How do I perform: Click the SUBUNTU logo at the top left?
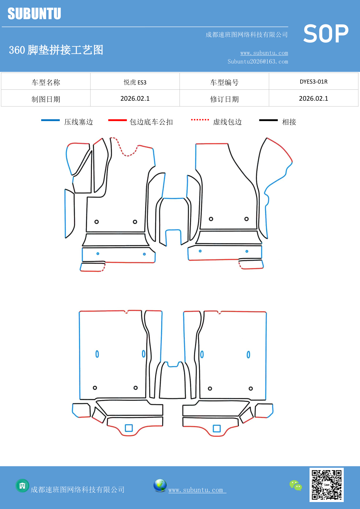[x=34, y=14]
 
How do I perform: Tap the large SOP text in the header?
[x=325, y=34]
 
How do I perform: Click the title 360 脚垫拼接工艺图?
[x=56, y=50]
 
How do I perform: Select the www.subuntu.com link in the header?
[x=264, y=53]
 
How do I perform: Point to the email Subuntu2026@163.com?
[x=258, y=62]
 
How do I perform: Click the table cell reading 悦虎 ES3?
[x=135, y=82]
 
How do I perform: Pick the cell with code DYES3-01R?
[x=313, y=82]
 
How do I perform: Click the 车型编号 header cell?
[x=224, y=82]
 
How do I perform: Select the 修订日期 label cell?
[x=224, y=99]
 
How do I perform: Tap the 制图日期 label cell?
[x=46, y=99]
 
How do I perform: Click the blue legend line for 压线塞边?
[x=50, y=120]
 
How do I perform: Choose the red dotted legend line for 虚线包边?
[x=200, y=120]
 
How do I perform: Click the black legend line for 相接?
[x=268, y=120]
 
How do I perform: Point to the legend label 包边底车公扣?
[x=151, y=122]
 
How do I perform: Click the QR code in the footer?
[x=326, y=485]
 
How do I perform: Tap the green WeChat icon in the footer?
[x=296, y=485]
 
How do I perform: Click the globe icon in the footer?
[x=160, y=485]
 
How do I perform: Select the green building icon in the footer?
[x=22, y=485]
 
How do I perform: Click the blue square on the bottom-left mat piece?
[x=129, y=428]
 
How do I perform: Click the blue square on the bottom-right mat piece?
[x=217, y=429]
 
